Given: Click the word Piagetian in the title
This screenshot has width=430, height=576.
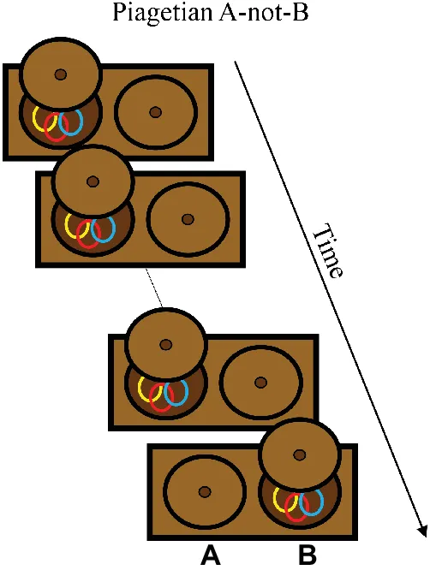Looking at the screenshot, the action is point(162,13).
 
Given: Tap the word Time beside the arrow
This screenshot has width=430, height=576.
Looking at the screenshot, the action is point(328,251).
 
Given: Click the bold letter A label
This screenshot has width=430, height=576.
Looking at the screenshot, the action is point(211,555).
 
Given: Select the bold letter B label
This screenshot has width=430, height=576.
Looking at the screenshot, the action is point(308,555).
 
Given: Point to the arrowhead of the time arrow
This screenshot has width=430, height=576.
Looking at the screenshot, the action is point(422,531).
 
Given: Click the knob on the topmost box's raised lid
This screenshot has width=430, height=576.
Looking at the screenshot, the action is point(61,74).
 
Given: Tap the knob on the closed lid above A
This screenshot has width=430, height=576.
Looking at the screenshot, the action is point(205,491).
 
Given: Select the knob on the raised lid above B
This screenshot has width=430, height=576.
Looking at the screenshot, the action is point(300,454).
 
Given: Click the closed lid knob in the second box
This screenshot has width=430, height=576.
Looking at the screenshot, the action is point(188,219).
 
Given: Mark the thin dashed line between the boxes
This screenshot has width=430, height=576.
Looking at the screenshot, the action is point(154,288).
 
